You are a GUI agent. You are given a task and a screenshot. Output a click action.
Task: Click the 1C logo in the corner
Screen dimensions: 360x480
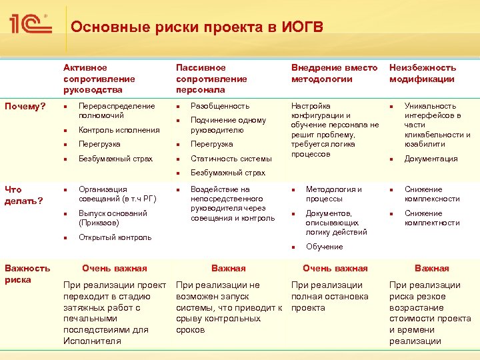pos(30,25)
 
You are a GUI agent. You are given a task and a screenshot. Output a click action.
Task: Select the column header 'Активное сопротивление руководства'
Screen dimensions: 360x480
pos(95,79)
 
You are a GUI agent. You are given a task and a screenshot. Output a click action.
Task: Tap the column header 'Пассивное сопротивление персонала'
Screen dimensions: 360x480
pos(211,79)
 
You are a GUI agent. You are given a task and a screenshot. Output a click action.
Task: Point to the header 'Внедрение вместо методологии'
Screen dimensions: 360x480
pos(334,73)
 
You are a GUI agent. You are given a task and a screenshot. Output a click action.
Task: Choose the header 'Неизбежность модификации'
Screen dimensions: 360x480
pos(423,73)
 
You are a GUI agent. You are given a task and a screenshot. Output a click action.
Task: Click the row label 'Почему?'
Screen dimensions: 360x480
pos(24,106)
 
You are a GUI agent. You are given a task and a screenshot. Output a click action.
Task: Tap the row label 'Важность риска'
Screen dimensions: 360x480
pos(27,273)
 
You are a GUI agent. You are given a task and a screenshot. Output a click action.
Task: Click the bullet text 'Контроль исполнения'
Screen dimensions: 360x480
pos(119,130)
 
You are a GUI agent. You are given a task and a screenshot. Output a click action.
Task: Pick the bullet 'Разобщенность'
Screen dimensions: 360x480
pos(220,106)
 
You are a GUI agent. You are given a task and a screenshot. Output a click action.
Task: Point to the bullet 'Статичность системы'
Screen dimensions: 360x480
pos(231,159)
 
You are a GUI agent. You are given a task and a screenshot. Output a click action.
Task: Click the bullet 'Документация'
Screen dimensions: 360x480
pos(431,159)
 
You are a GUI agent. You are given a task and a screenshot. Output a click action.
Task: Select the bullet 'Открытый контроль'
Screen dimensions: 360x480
pos(115,237)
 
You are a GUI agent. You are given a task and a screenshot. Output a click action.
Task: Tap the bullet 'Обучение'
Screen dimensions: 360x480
pos(324,247)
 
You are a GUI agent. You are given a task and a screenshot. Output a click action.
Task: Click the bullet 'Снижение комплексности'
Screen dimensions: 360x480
pos(432,194)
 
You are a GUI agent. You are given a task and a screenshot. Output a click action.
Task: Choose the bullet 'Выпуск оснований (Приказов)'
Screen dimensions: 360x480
pos(113,218)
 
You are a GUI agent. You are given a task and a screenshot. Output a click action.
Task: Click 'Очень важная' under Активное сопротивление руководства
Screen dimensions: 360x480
pos(114,268)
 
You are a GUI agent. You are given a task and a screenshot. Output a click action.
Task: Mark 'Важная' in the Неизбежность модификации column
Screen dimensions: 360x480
pos(431,268)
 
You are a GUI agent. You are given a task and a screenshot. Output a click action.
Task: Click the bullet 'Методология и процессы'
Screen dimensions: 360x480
pos(333,194)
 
